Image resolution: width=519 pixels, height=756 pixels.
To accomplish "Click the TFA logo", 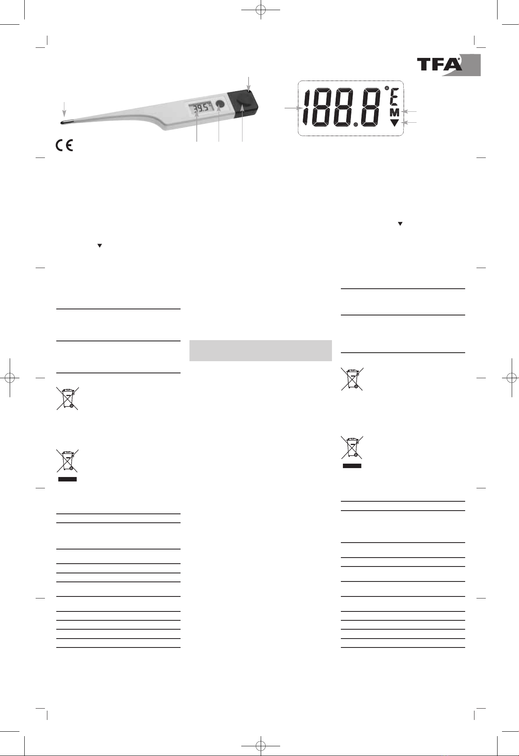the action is click(449, 64).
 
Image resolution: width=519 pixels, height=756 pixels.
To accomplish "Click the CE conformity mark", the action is click(64, 145).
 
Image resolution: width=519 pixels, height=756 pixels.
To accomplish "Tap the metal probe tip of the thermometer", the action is click(65, 121).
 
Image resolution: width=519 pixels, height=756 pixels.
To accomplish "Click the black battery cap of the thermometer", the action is click(242, 105).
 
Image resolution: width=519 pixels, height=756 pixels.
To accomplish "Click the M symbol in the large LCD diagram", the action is click(394, 113).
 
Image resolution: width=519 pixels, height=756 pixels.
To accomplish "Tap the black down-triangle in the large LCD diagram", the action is click(394, 123).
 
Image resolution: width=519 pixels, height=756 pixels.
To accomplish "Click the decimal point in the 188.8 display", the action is click(355, 125).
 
